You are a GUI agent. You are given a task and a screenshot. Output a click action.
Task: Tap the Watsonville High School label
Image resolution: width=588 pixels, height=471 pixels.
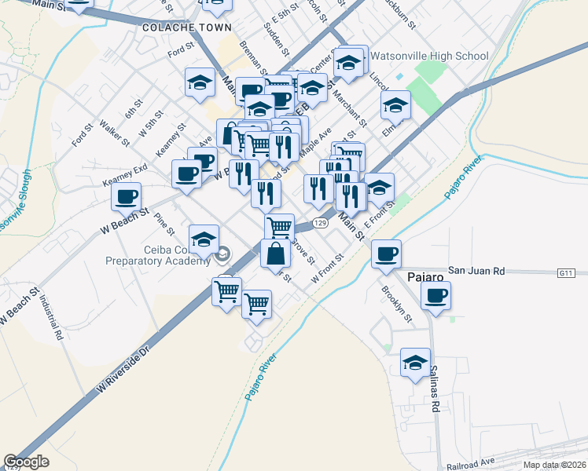[x=429, y=56]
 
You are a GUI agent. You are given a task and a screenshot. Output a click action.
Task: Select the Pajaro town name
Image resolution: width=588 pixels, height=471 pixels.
[x=427, y=276]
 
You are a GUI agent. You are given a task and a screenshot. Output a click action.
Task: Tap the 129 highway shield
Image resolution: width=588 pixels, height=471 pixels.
[x=318, y=223]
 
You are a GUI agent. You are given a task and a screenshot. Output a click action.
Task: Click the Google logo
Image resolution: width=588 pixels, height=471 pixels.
[x=27, y=461]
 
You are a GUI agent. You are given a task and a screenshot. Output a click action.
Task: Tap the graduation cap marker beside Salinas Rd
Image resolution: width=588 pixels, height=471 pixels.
[x=415, y=363]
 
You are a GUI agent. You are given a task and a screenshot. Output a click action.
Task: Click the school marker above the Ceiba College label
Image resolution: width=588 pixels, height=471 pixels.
[x=203, y=239]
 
